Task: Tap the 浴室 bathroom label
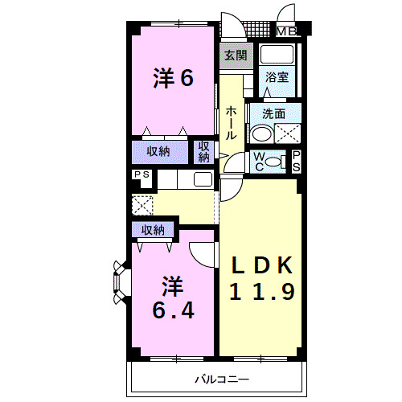[278, 78]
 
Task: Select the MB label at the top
[287, 32]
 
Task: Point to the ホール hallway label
[231, 123]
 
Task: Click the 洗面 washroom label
[273, 113]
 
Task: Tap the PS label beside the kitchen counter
[142, 175]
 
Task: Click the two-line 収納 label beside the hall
[204, 151]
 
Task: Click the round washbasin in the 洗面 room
[262, 133]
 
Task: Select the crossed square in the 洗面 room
[287, 134]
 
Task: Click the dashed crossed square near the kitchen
[142, 205]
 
